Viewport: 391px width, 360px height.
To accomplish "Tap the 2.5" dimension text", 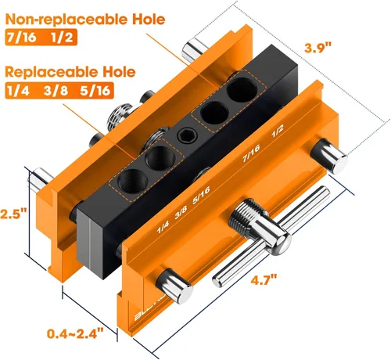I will click(x=13, y=214).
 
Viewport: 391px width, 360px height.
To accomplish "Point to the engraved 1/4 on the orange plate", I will click(x=163, y=228).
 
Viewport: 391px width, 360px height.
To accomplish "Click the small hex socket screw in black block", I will click(x=187, y=137).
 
